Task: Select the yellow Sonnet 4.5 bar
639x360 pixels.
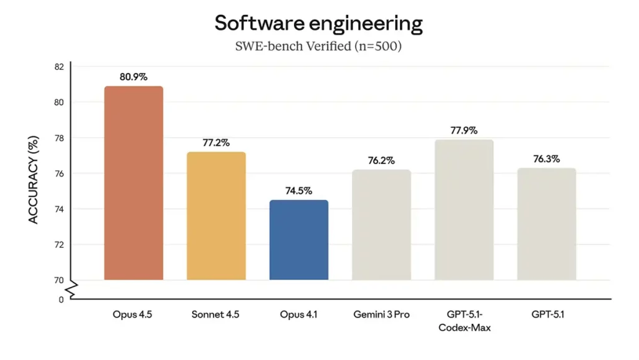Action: (216, 216)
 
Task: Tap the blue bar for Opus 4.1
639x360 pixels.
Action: (299, 240)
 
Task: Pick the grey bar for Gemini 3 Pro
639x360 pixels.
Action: (381, 225)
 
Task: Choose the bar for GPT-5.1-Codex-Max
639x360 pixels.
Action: (464, 210)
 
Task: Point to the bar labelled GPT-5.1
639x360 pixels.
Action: (547, 224)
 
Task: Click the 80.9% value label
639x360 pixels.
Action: (134, 77)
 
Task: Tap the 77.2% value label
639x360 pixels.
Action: (216, 142)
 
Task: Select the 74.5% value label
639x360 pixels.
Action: (299, 190)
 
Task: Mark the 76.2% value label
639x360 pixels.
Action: (381, 160)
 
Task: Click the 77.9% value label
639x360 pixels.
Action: (464, 130)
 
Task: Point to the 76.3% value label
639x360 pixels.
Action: (547, 159)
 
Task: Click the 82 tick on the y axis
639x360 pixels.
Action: (60, 67)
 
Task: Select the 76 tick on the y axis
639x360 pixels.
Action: (60, 173)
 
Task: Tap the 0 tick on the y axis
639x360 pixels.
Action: (61, 299)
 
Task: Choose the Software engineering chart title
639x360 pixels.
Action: (319, 24)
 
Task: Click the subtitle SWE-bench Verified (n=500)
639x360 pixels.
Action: (319, 47)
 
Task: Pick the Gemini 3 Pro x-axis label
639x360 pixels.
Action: (381, 314)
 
